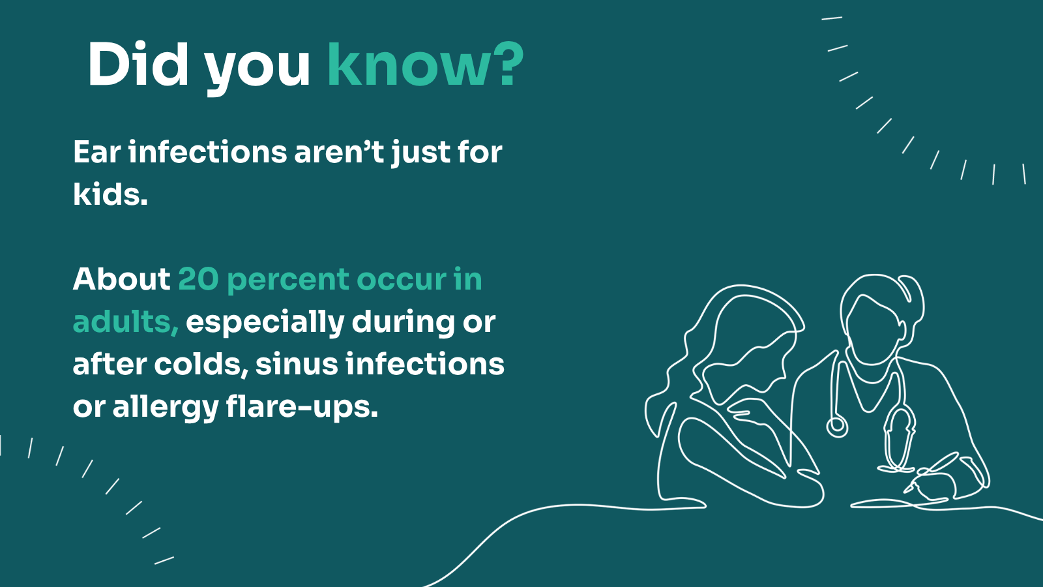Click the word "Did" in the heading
click(x=138, y=65)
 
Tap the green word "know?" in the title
click(x=425, y=65)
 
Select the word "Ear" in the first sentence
click(x=97, y=153)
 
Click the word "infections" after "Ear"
click(x=207, y=153)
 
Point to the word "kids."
click(x=110, y=194)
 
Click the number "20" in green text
click(x=198, y=279)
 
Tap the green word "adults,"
click(x=125, y=322)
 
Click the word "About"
click(x=121, y=279)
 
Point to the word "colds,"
click(x=201, y=364)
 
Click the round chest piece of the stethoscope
click(x=837, y=427)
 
